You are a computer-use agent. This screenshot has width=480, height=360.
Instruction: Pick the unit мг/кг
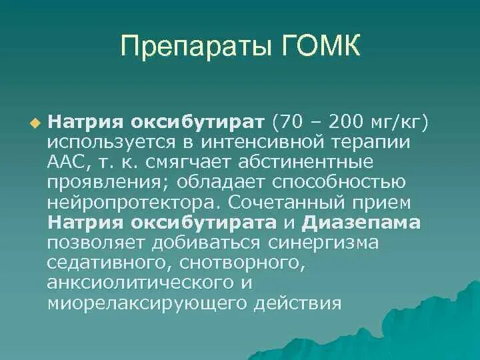[401, 123]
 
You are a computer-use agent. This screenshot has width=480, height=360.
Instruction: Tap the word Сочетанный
[290, 202]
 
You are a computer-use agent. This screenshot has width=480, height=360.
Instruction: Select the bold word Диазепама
[362, 222]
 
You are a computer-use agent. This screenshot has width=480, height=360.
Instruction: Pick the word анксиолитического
[133, 282]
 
